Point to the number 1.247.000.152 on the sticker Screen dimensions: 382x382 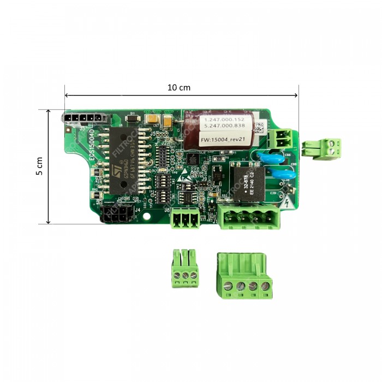pos(220,119)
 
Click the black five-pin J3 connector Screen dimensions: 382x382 pos(82,117)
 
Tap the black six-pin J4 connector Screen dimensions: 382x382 pos(116,216)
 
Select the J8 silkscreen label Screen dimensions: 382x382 pos(167,208)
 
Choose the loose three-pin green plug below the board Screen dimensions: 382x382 pos(184,268)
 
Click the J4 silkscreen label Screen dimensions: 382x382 pos(138,208)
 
